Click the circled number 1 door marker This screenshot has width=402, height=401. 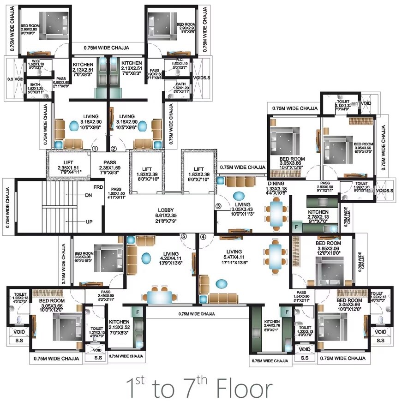click(95, 149)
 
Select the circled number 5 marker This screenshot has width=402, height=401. click(184, 236)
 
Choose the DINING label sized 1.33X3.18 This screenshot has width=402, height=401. click(277, 184)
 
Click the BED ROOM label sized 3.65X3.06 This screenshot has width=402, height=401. click(328, 243)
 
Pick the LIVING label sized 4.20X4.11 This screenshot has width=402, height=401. click(170, 253)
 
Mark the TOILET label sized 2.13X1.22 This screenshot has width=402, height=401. click(343, 101)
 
